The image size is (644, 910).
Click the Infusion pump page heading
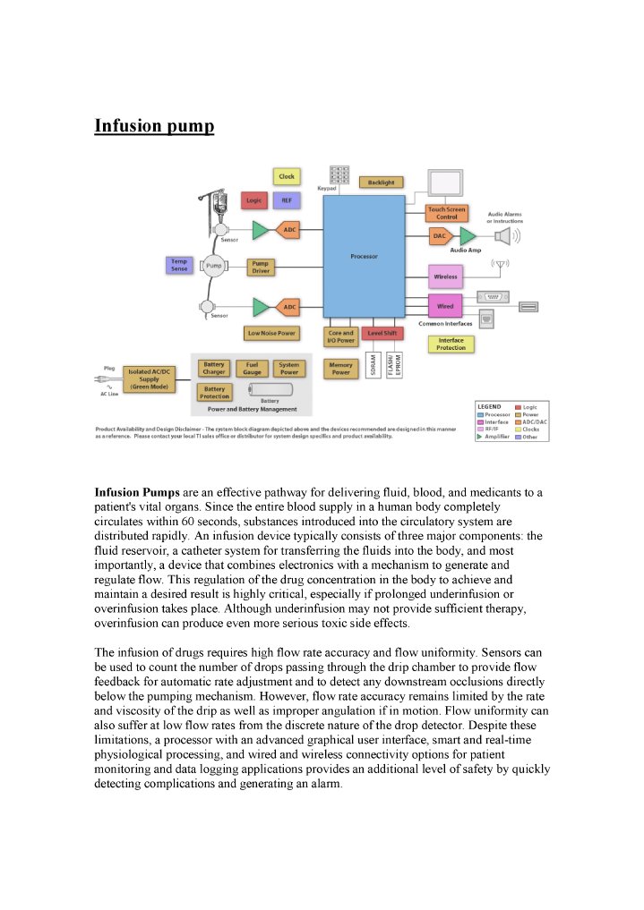(x=154, y=125)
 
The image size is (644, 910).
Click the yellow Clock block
(x=287, y=176)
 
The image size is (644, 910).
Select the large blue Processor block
(x=364, y=256)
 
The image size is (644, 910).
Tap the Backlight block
(x=381, y=183)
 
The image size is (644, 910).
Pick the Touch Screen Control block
(x=446, y=213)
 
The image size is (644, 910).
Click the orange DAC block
(x=439, y=236)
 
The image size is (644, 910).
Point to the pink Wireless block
(x=445, y=276)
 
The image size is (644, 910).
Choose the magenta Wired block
(x=445, y=307)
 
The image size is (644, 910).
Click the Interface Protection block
(x=451, y=344)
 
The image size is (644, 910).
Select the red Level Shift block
(x=383, y=333)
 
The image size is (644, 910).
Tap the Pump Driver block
(x=261, y=268)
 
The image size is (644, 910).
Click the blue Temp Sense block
(x=179, y=265)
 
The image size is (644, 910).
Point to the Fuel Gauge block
(x=252, y=369)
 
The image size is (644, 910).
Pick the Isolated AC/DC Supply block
(x=149, y=380)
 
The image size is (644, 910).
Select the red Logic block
(x=254, y=200)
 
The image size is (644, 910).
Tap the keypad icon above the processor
(x=339, y=175)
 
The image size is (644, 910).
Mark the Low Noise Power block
(x=271, y=333)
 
